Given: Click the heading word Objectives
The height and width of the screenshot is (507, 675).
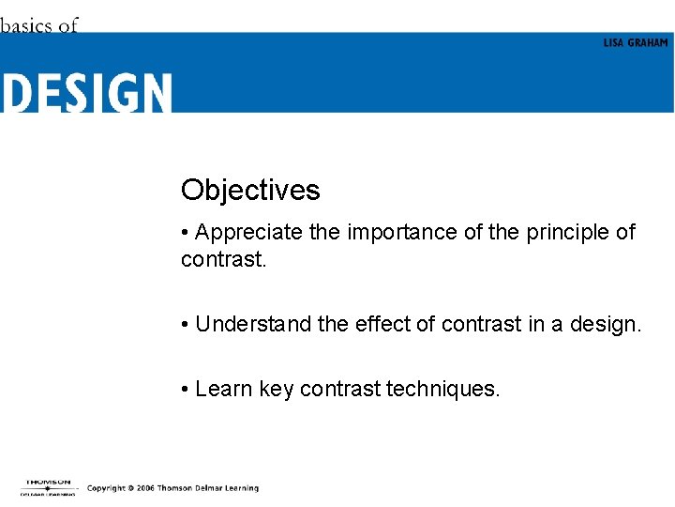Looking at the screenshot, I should pos(250,191).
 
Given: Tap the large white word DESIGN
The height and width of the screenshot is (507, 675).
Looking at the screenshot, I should pos(86,94).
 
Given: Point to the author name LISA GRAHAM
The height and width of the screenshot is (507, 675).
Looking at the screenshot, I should pos(636,43).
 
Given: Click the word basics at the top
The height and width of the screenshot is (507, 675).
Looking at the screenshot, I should pos(26,25).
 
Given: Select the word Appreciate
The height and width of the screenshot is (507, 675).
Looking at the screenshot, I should pos(249,233).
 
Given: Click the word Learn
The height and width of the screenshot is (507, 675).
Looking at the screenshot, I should pos(225,389).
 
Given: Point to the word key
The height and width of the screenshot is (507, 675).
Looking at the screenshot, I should pos(277,390).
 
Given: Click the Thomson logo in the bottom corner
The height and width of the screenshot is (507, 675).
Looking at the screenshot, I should pos(48,487).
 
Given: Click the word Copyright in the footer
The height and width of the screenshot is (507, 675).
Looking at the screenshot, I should pos(106,488).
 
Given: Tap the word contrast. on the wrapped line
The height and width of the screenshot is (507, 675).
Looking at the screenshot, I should pos(224,258).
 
